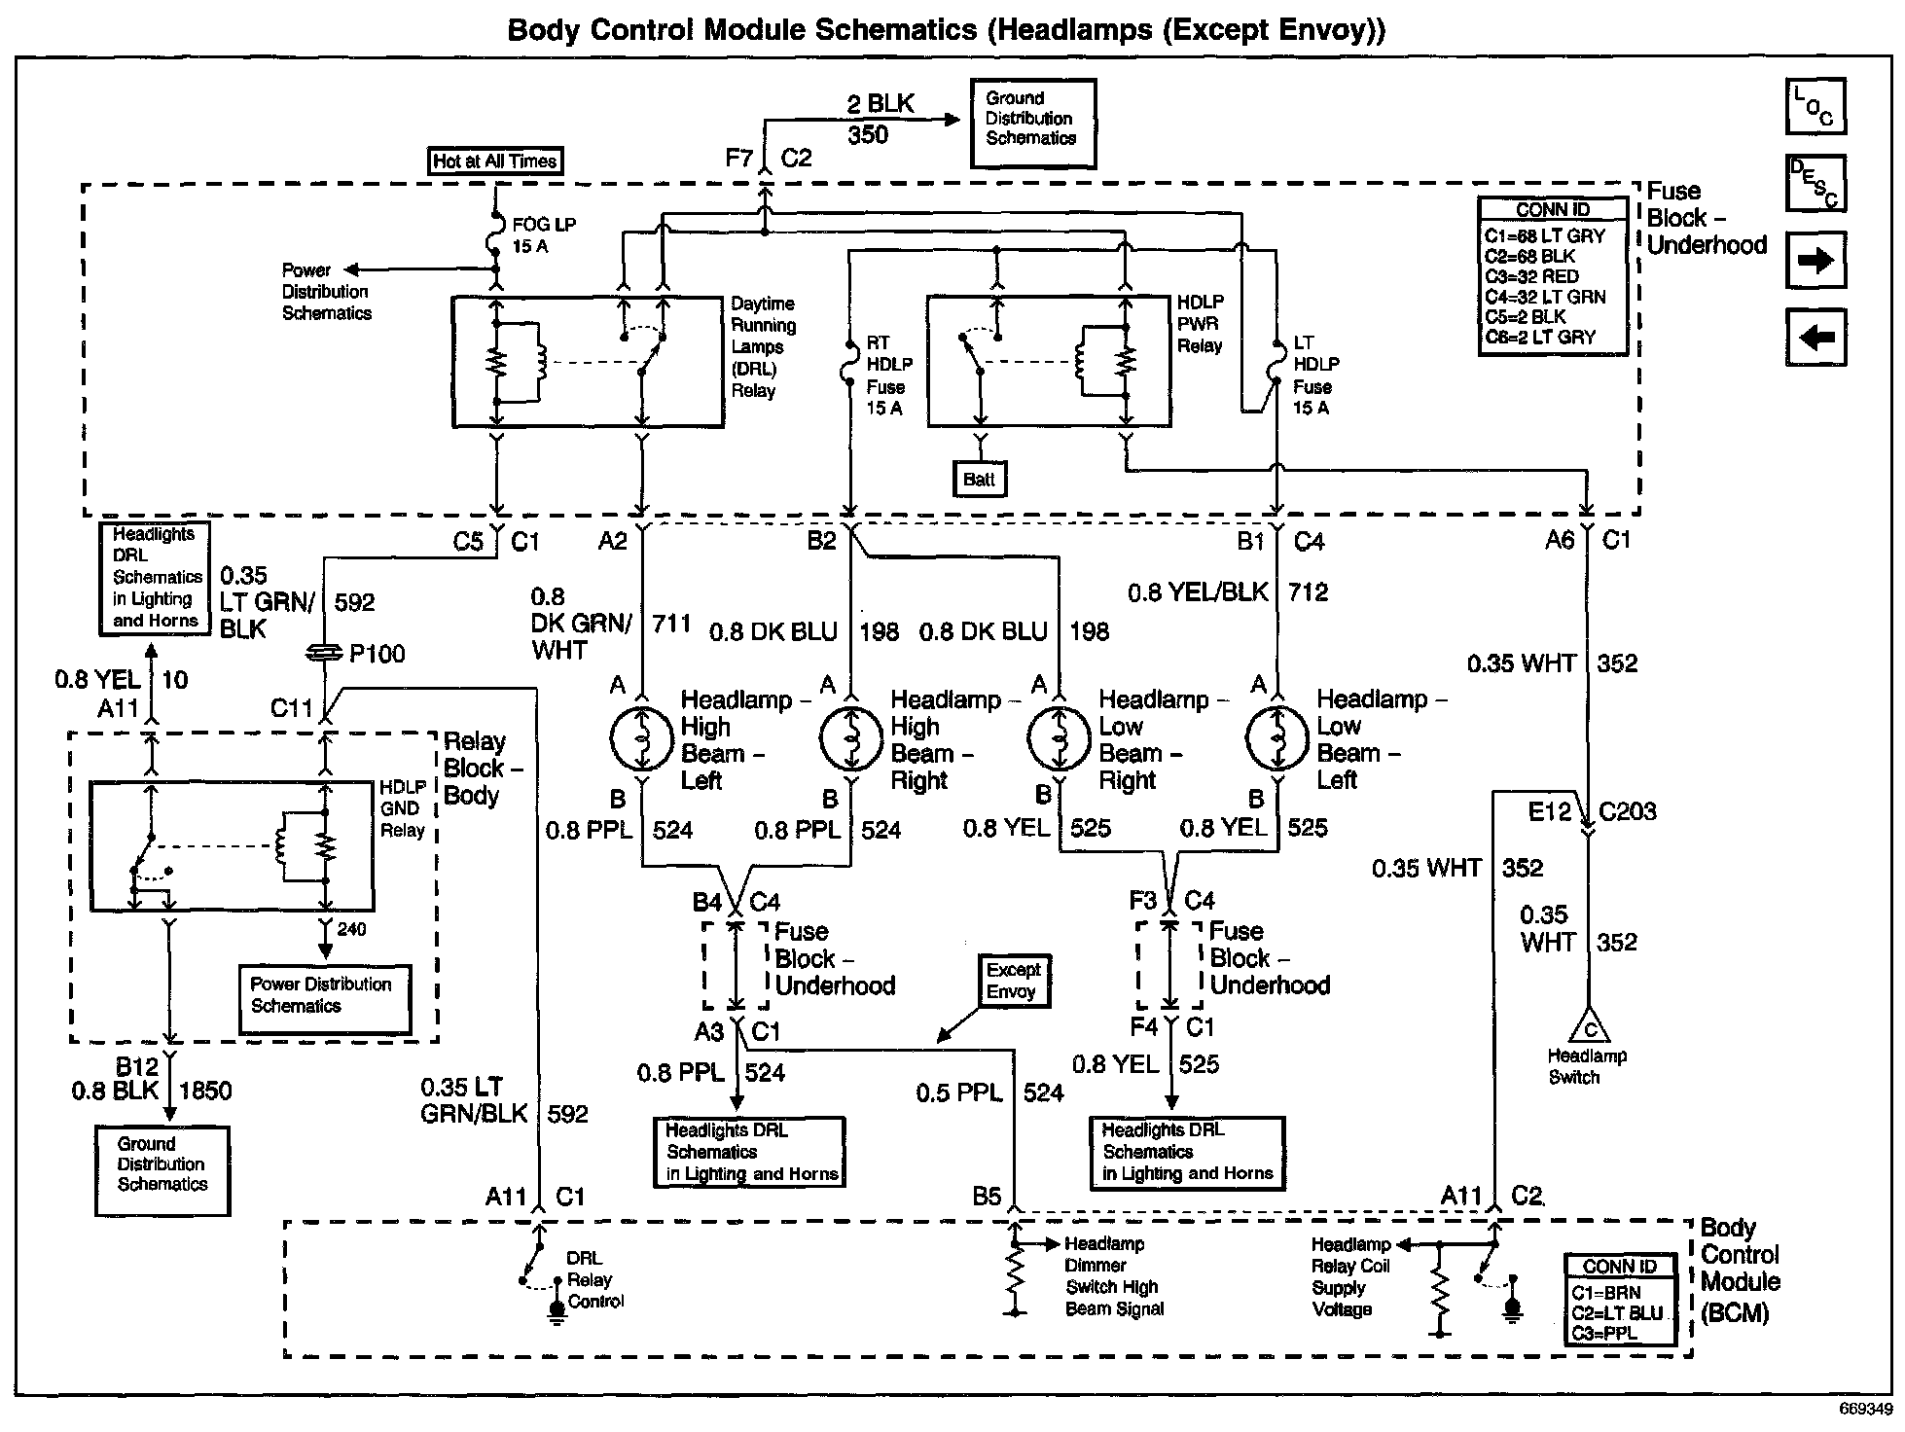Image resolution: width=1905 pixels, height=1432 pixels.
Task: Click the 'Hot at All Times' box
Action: point(495,161)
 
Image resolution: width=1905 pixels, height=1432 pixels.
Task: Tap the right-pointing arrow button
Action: point(1815,261)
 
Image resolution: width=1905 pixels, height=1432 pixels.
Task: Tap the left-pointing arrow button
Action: point(1815,338)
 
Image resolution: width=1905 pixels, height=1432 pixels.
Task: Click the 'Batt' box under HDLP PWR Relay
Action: point(979,479)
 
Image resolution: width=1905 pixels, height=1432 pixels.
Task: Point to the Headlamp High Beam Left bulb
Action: point(641,739)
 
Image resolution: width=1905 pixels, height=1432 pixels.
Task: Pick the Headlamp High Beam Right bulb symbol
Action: point(851,739)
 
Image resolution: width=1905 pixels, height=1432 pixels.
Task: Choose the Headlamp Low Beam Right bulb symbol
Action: point(1060,739)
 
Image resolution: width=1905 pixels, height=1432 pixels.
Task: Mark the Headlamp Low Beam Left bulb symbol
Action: point(1277,739)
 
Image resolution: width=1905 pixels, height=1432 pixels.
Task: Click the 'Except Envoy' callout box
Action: point(1013,981)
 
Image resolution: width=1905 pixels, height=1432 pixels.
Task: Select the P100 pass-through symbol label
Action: point(377,654)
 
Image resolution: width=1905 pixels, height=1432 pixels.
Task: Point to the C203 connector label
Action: point(1627,811)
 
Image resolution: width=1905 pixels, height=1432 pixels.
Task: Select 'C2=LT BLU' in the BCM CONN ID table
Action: point(1617,1313)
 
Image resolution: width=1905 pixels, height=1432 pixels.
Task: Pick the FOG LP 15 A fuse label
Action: point(544,235)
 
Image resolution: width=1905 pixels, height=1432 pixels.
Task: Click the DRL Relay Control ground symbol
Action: point(556,1313)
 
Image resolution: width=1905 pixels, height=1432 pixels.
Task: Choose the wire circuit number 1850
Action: point(205,1091)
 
